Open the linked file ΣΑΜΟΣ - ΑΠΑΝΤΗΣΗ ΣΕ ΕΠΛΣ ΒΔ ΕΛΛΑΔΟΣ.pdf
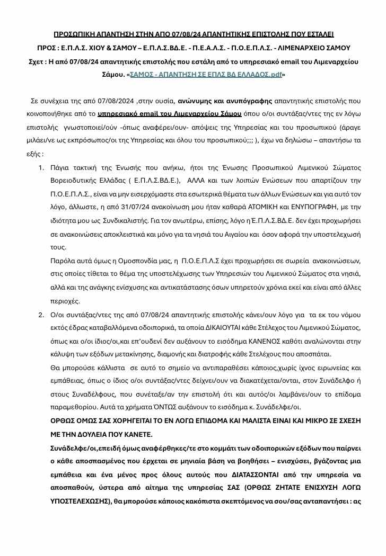coord(206,75)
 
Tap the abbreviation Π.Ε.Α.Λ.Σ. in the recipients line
coord(212,48)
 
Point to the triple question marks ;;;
coord(190,140)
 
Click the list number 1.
coord(41,167)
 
